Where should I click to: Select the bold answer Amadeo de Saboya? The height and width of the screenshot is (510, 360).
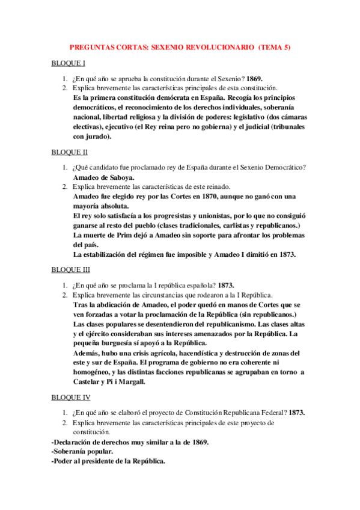tap(103, 177)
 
